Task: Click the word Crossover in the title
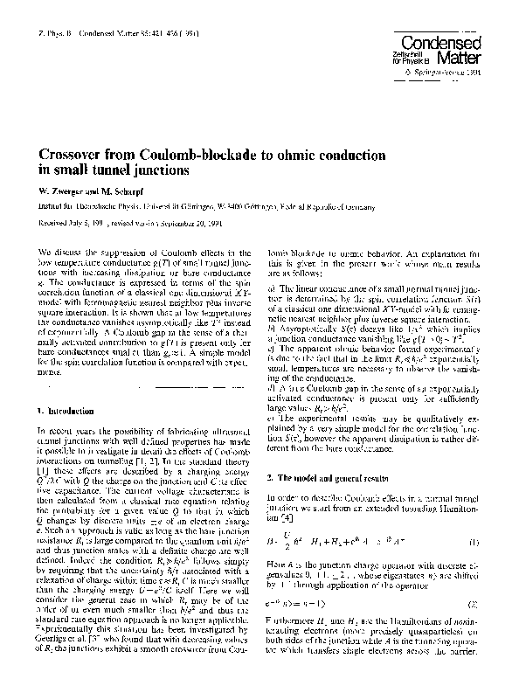pos(72,155)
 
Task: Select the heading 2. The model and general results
pos(328,478)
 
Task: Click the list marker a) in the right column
pos(273,288)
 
